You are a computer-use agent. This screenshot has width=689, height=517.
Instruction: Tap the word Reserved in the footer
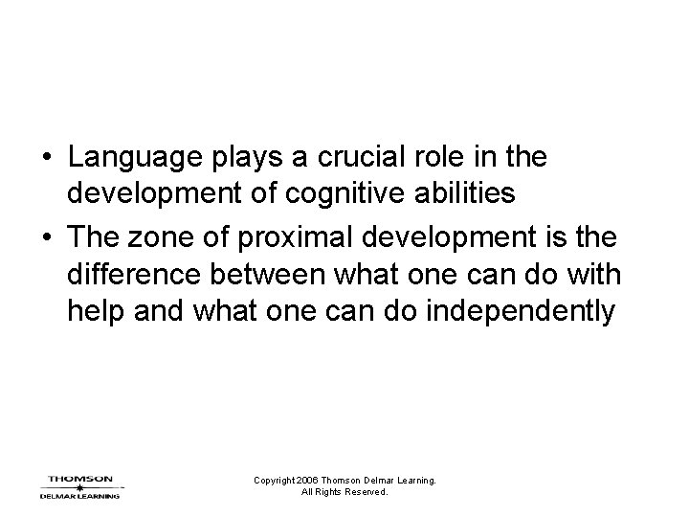(365, 492)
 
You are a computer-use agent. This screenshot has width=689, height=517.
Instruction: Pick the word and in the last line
(157, 312)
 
